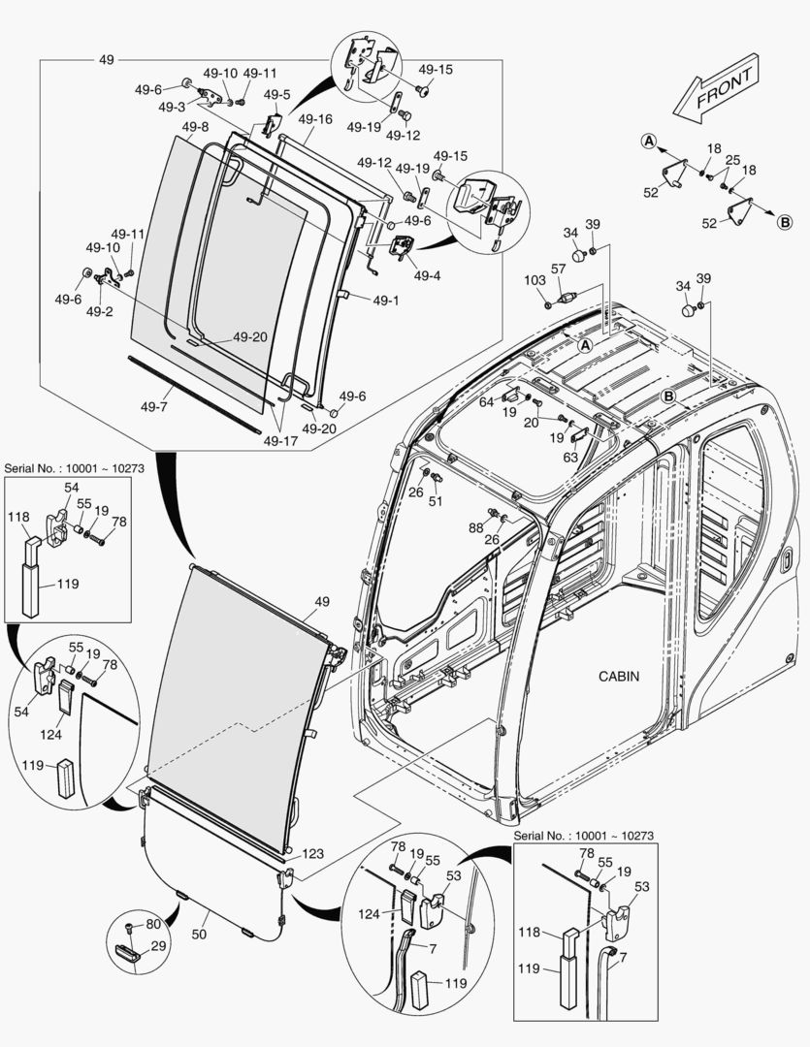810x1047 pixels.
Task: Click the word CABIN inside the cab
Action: pos(618,676)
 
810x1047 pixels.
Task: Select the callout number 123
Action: pos(312,854)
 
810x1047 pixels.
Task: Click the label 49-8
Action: pos(194,127)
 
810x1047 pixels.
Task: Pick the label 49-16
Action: pos(315,119)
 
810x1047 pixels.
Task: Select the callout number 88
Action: pos(476,527)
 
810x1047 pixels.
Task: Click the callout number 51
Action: pos(436,501)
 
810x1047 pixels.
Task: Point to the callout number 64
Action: pos(486,401)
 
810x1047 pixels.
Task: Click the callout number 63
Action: pos(570,457)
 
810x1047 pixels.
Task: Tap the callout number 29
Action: pos(158,945)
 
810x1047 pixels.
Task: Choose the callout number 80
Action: pos(152,924)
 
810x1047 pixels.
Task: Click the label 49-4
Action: pos(427,275)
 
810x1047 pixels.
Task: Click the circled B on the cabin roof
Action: pos(668,396)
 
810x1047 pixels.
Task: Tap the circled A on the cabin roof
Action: pos(585,344)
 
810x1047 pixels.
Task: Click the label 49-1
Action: pos(384,300)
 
